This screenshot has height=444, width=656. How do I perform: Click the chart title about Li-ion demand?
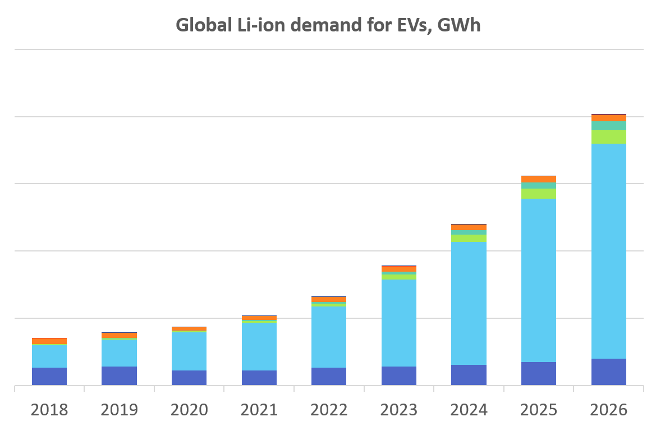click(328, 25)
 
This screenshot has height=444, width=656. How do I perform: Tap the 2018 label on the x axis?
click(49, 410)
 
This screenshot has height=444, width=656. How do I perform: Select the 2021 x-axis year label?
click(259, 410)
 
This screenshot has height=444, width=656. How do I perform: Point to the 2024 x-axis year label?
click(469, 410)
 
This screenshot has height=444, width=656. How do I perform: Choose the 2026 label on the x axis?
click(608, 410)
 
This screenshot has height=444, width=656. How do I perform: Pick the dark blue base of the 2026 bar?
click(608, 372)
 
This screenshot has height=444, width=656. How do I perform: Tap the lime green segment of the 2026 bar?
click(608, 137)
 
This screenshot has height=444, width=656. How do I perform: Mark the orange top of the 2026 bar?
click(608, 118)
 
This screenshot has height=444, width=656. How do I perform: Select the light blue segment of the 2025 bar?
click(539, 280)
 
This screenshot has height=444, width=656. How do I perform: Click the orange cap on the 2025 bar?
click(539, 180)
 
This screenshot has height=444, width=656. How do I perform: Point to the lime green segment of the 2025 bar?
click(539, 194)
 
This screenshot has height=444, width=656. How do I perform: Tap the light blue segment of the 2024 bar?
click(469, 303)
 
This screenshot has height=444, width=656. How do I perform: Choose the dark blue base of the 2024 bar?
click(469, 375)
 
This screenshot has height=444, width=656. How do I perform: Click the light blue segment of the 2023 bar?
click(399, 323)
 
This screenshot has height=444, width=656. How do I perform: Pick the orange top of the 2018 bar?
click(49, 341)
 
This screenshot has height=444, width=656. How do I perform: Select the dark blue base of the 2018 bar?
click(49, 376)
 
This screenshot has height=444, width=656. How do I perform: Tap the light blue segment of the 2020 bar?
click(189, 351)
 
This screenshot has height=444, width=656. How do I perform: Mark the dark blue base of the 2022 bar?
click(329, 376)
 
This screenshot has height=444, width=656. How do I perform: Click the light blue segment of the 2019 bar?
click(119, 353)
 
